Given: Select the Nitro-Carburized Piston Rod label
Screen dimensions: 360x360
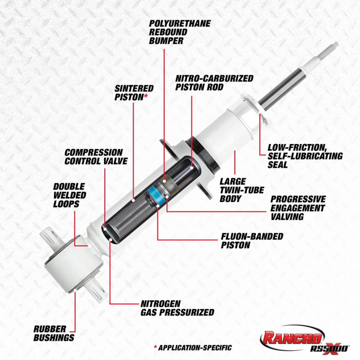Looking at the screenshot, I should (x=214, y=83).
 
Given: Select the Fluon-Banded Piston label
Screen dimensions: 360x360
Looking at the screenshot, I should (x=252, y=241).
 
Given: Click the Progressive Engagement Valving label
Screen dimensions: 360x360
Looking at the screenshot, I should (x=297, y=207).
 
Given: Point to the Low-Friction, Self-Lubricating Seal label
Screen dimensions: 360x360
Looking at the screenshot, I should (x=305, y=156).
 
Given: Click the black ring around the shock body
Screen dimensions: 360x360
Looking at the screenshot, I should (x=205, y=155).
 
